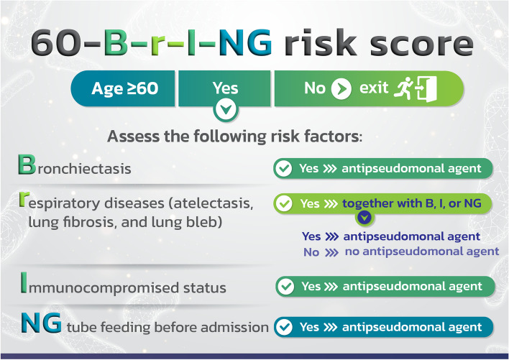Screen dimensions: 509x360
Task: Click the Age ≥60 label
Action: point(125,88)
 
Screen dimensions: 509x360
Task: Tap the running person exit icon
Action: point(403,88)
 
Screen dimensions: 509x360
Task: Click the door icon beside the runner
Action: point(426,88)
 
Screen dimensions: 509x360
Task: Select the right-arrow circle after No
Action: point(341,88)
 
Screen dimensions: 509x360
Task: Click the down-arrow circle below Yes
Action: point(226,110)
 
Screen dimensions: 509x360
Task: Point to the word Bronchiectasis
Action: point(75,165)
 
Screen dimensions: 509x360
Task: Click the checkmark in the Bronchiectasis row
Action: point(283,168)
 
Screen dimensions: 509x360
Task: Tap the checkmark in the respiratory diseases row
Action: point(284,203)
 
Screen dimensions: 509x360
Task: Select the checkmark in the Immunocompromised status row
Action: point(286,287)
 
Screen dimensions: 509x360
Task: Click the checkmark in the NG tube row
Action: point(284,327)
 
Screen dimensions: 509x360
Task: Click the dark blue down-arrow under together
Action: point(364,218)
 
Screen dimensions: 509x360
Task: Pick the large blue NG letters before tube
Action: point(41,323)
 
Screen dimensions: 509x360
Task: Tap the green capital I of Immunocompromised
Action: point(24,282)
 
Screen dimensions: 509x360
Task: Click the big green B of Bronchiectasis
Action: point(27,165)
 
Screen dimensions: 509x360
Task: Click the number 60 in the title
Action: point(55,43)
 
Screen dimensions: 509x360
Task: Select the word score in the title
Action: point(421,44)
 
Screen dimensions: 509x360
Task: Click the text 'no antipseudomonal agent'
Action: point(422,251)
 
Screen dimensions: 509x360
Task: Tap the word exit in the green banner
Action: point(374,87)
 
